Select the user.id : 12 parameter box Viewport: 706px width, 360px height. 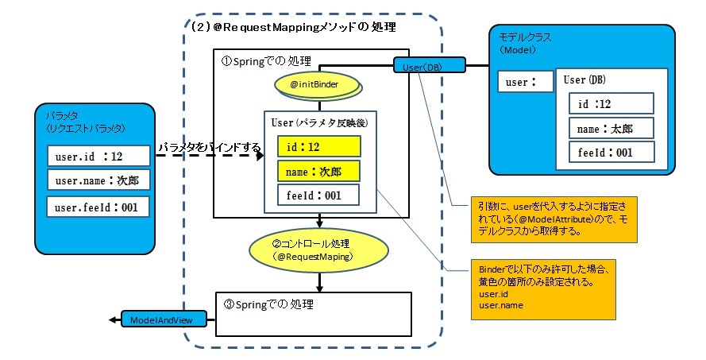click(x=98, y=157)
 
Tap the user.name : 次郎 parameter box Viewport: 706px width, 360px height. click(x=98, y=180)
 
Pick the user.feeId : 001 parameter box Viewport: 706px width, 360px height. click(x=98, y=207)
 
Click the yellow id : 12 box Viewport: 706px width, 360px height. click(x=318, y=146)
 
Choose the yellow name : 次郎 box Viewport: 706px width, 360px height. click(x=318, y=171)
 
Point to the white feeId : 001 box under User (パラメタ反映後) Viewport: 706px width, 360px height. click(x=318, y=195)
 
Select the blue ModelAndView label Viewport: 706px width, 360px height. click(x=164, y=319)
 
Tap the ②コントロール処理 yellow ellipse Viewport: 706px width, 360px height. click(x=318, y=250)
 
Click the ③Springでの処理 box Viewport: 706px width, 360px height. click(x=314, y=315)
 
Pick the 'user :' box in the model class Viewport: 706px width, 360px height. click(x=526, y=82)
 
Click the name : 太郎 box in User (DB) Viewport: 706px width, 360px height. click(x=611, y=129)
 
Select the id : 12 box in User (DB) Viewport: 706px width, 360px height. click(x=611, y=103)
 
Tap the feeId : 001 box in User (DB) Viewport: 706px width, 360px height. click(x=611, y=153)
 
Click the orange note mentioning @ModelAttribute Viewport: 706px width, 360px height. click(x=554, y=219)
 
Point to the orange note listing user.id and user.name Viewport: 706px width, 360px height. click(x=543, y=290)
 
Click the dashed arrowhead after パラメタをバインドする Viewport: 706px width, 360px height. click(x=260, y=156)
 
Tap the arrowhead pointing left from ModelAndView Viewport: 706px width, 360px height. click(x=112, y=320)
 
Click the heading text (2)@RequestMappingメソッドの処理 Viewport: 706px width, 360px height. click(x=293, y=27)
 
